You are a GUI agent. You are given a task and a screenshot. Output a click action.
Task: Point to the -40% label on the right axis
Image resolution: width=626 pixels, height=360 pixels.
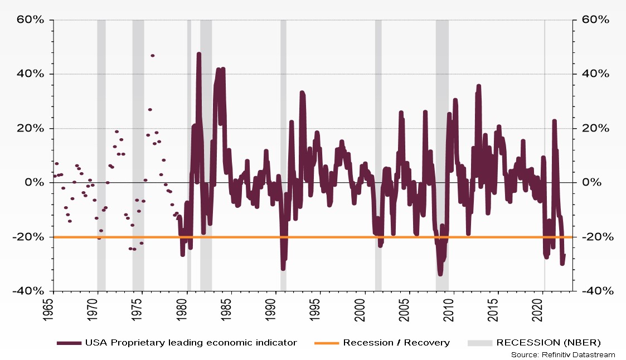click(x=598, y=291)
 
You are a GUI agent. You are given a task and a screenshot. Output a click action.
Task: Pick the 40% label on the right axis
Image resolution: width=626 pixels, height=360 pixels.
click(x=596, y=74)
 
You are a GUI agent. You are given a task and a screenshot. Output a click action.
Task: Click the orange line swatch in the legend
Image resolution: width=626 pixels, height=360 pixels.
click(x=327, y=343)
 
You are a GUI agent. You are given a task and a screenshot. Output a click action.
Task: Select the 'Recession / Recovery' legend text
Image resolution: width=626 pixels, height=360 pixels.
click(x=396, y=343)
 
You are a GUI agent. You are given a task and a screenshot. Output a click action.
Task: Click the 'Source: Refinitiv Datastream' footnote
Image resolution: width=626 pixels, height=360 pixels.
click(x=562, y=354)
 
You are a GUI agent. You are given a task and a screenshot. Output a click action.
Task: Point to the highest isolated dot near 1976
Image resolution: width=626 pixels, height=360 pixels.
click(x=153, y=56)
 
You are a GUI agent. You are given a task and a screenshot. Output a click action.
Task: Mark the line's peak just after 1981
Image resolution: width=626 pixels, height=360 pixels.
click(x=199, y=54)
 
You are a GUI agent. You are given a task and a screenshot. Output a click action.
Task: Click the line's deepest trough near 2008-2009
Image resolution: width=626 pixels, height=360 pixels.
click(x=440, y=274)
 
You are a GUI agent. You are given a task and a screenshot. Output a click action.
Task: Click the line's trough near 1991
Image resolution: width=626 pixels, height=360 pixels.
click(x=283, y=269)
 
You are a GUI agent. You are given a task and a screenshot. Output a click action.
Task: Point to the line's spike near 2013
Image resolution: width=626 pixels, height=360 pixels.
click(x=478, y=86)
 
